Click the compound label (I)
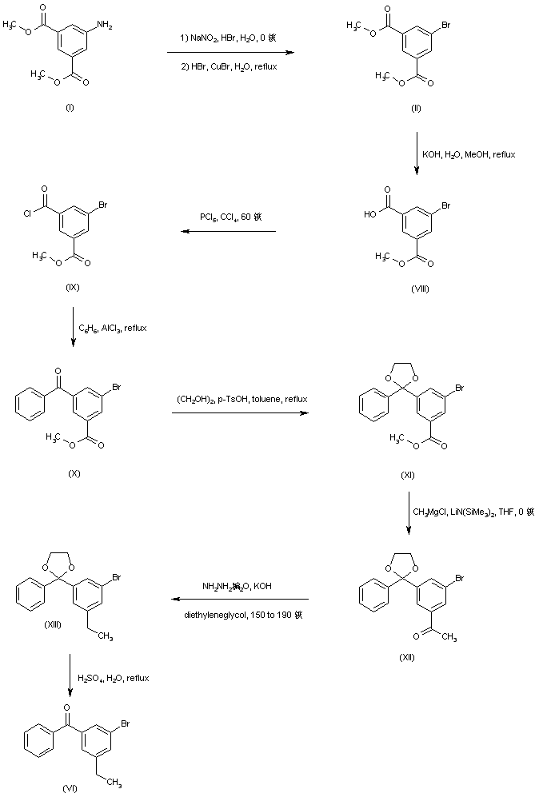(x=70, y=107)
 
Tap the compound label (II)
(x=416, y=107)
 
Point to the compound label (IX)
(x=74, y=287)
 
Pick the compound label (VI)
(x=70, y=787)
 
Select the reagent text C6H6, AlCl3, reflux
(x=113, y=328)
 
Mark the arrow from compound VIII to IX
(x=227, y=232)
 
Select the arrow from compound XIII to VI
(x=71, y=676)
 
